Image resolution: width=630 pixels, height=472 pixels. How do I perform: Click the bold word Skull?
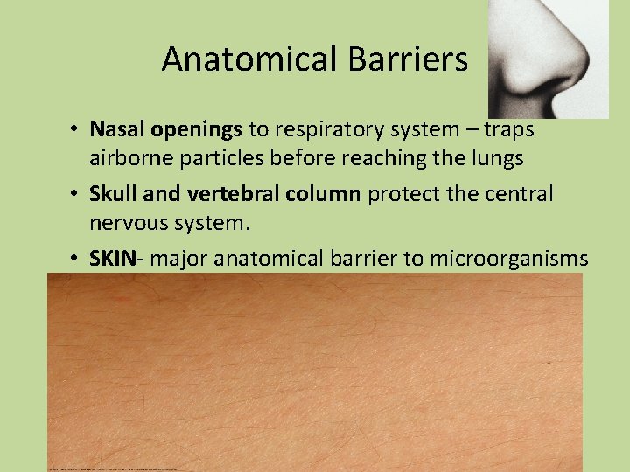click(113, 193)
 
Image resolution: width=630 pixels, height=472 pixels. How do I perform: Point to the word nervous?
click(128, 223)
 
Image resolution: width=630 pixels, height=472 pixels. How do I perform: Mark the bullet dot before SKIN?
click(78, 259)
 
